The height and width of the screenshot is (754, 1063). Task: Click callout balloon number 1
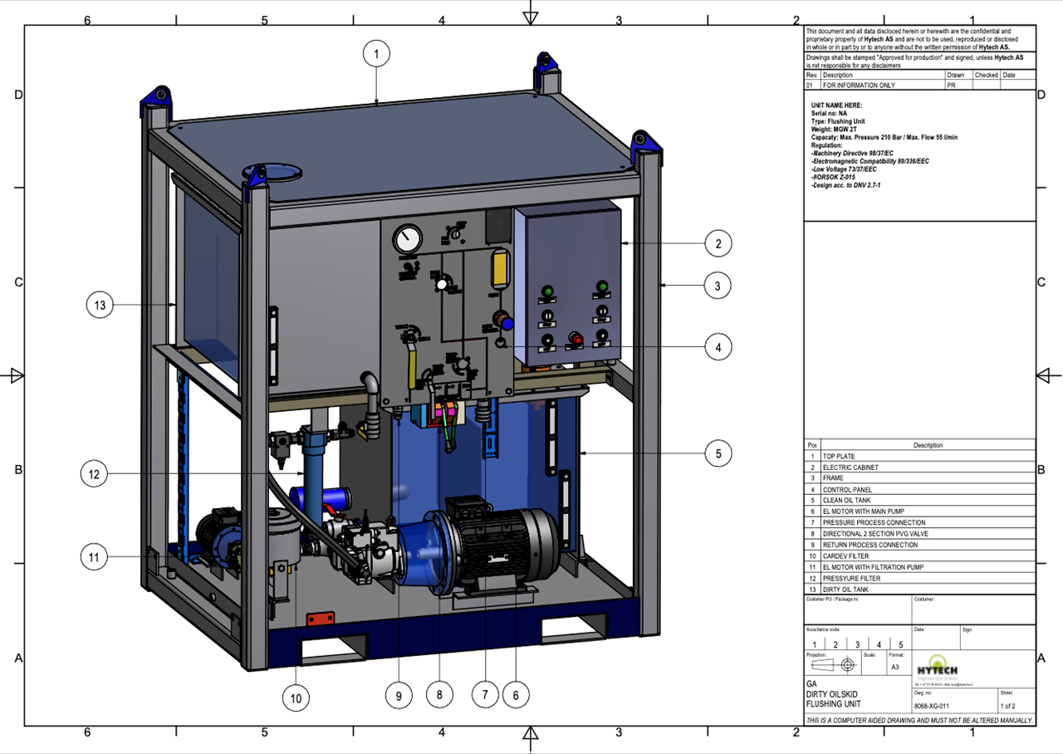pyautogui.click(x=376, y=55)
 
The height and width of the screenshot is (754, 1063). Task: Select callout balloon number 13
pyautogui.click(x=100, y=306)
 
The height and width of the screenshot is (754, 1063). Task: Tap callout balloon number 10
pyautogui.click(x=296, y=698)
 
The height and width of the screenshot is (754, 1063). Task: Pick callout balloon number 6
pyautogui.click(x=516, y=695)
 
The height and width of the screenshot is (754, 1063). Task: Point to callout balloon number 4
pyautogui.click(x=718, y=348)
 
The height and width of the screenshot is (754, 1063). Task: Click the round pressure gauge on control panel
pyautogui.click(x=407, y=240)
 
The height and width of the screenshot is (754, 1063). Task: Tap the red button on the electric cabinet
pyautogui.click(x=573, y=340)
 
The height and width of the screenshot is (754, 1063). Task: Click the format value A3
pyautogui.click(x=894, y=667)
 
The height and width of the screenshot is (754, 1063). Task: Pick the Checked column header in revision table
pyautogui.click(x=986, y=75)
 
